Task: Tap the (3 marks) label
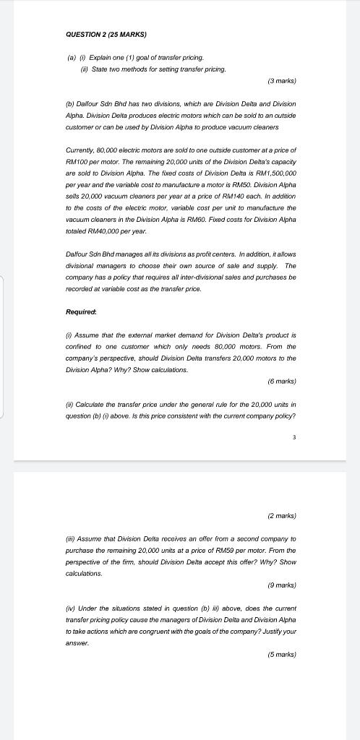(x=282, y=81)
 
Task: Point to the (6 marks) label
(x=282, y=381)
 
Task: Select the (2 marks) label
(x=282, y=515)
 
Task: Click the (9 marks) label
(x=282, y=585)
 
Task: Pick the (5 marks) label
(x=282, y=654)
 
